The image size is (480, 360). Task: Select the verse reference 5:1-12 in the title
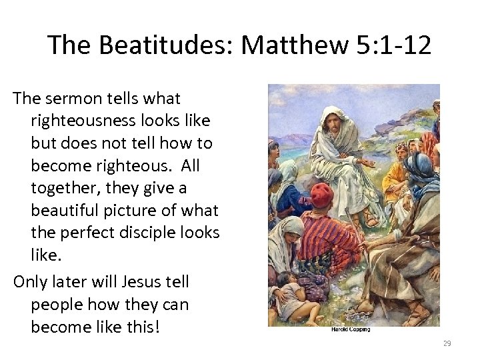pos(393,45)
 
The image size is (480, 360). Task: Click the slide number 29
pos(447,343)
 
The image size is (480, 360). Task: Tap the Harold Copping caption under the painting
pos(350,330)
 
